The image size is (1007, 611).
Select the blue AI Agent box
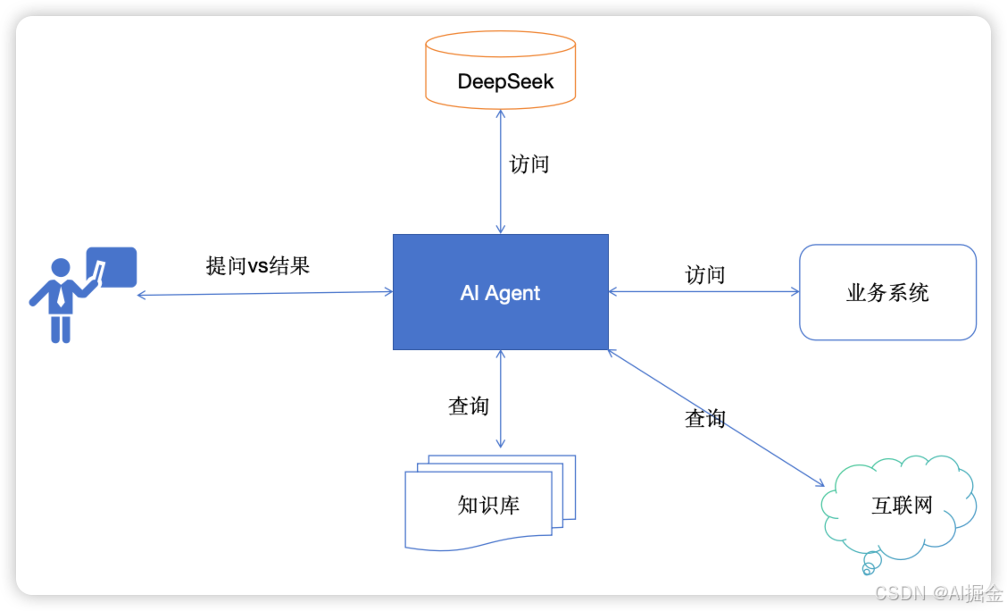tap(501, 292)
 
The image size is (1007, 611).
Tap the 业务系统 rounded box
tap(887, 292)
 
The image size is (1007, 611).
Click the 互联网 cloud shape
tap(900, 504)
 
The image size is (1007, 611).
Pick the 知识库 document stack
tap(489, 505)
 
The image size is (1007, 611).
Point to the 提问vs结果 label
tap(258, 265)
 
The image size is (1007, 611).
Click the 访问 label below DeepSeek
tap(528, 164)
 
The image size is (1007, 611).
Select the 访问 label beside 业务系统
tap(704, 274)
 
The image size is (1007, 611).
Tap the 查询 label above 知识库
tap(469, 406)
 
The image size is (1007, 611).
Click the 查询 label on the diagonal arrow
tap(704, 417)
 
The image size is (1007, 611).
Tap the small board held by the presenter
tap(112, 267)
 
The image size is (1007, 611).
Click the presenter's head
tap(61, 268)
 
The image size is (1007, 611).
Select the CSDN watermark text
tap(937, 592)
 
